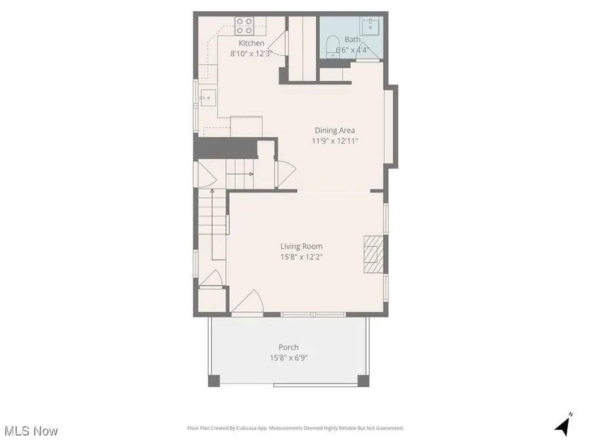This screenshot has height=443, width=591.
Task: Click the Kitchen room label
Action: [x=252, y=43]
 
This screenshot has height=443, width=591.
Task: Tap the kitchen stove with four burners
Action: [x=245, y=26]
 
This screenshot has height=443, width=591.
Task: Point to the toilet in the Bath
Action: [x=333, y=47]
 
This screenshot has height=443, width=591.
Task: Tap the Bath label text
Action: [x=353, y=39]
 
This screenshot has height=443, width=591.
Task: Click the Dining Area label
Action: [x=335, y=130]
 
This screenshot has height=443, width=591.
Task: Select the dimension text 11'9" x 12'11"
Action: [x=335, y=141]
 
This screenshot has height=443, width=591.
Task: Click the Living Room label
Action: [x=303, y=247]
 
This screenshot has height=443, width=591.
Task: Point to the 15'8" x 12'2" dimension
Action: [x=303, y=257]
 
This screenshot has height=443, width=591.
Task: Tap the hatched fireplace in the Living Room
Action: [x=373, y=254]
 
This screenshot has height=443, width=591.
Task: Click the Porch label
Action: [x=289, y=347]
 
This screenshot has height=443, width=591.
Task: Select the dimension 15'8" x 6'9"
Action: [x=289, y=358]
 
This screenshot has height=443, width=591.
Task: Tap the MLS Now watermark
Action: [x=31, y=431]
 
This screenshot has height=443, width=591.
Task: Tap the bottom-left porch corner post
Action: [x=214, y=380]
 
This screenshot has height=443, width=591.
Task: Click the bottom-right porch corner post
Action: [x=361, y=380]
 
